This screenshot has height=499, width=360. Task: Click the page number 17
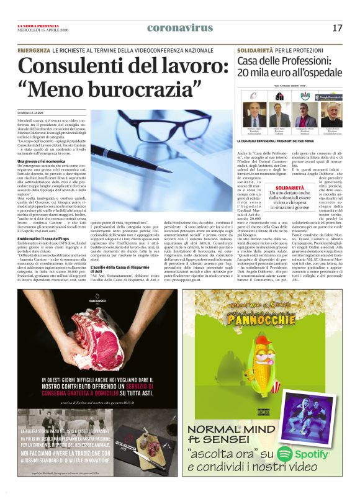pos(337,28)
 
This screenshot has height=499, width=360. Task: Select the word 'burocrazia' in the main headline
pos(120,89)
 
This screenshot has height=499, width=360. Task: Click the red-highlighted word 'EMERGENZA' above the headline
pos(34,49)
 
